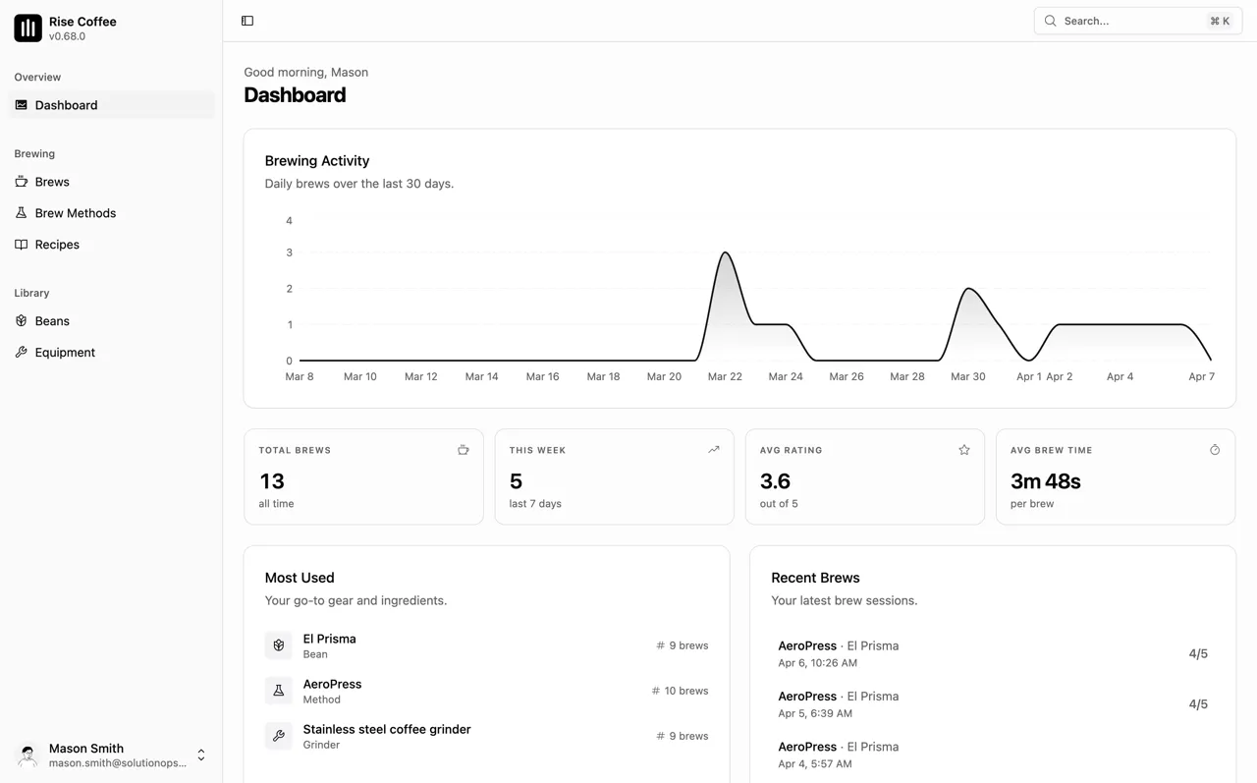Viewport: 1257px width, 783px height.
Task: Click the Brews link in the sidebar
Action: click(x=52, y=182)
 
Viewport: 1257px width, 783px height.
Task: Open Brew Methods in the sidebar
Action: click(x=75, y=213)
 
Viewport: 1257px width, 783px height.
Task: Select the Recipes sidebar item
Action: click(x=57, y=245)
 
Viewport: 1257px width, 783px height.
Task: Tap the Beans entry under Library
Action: click(x=52, y=321)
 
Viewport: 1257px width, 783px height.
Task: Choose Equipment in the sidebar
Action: click(x=65, y=353)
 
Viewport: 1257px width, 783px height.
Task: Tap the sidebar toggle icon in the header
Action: click(x=247, y=21)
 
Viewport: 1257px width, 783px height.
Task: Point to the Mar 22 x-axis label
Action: click(x=725, y=376)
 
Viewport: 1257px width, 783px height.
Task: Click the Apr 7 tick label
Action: click(x=1201, y=376)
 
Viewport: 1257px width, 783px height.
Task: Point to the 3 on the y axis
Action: click(x=289, y=252)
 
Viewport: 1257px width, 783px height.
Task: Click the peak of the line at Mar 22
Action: click(x=726, y=253)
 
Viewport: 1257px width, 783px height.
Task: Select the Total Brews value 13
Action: click(x=272, y=481)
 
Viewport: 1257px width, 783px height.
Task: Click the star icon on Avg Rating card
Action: click(x=964, y=450)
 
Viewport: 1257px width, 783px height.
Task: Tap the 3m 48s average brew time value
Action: click(x=1045, y=481)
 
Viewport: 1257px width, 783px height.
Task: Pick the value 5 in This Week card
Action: click(x=516, y=481)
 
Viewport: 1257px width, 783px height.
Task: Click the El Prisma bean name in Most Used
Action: click(x=329, y=639)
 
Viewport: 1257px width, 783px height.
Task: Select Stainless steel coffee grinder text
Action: click(x=387, y=729)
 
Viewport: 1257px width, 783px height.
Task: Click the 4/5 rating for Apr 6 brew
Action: click(x=1198, y=653)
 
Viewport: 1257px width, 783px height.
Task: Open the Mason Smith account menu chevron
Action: click(x=201, y=755)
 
